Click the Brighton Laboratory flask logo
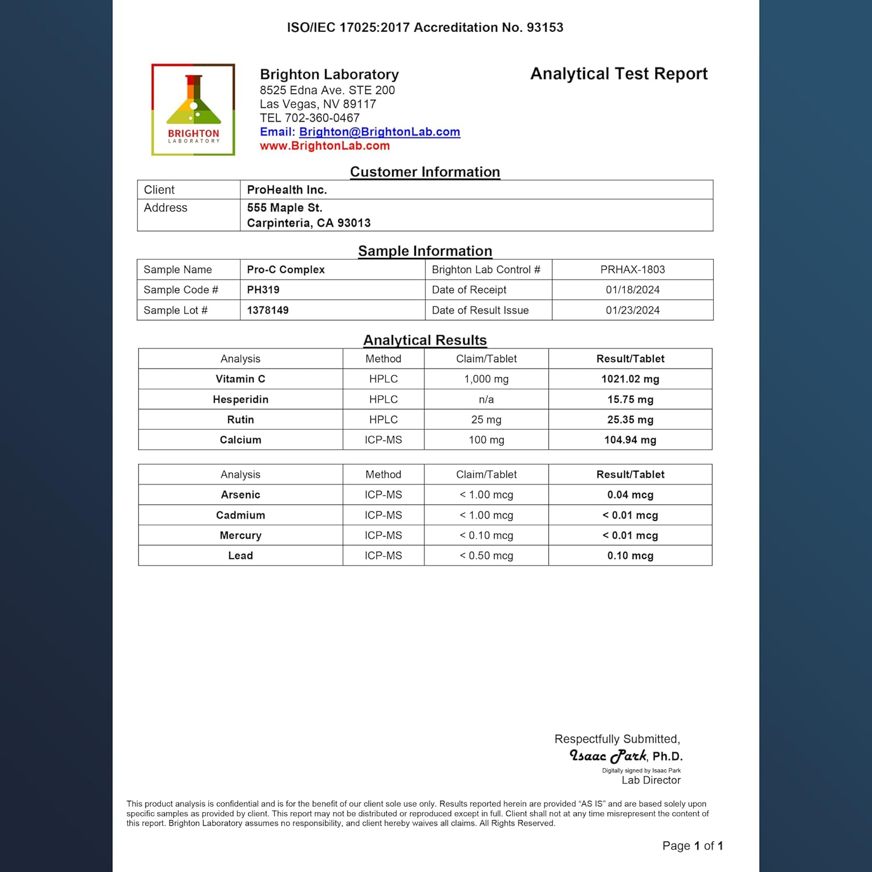pos(193,109)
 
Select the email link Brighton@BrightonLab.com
pos(379,132)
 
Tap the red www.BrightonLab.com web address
pos(324,146)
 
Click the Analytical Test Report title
pos(619,74)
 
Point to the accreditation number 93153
pos(545,27)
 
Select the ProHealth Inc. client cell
pos(287,190)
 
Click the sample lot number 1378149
pos(267,310)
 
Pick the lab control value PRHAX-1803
pos(632,270)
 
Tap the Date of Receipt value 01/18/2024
pos(632,290)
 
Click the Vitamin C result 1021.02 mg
pos(630,379)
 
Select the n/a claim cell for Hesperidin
pos(486,399)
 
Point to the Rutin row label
pos(240,420)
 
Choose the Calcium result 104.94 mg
pos(630,440)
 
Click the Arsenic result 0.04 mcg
pos(630,495)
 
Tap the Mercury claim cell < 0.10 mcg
pos(486,535)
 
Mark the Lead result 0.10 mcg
pos(630,556)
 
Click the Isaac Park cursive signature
pos(607,756)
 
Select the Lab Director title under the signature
pos(651,780)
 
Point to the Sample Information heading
pos(425,251)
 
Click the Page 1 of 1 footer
pos(692,846)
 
